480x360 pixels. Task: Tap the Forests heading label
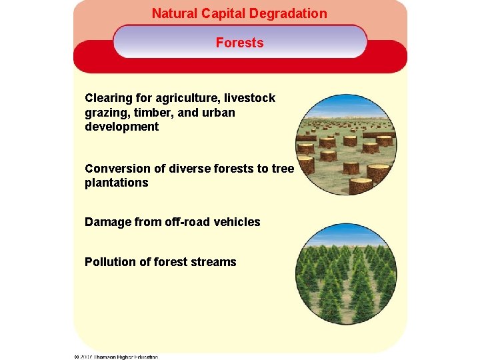click(239, 43)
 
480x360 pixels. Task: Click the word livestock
click(252, 98)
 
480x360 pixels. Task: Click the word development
click(121, 127)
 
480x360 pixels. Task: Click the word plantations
click(116, 183)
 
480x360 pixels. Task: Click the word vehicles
click(237, 222)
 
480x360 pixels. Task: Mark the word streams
click(213, 262)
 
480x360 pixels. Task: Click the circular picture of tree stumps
click(345, 145)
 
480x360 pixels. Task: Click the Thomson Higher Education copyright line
click(116, 357)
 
